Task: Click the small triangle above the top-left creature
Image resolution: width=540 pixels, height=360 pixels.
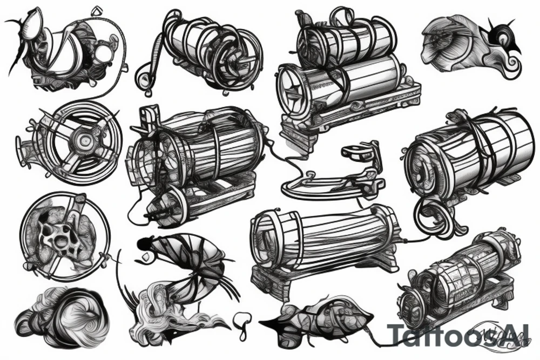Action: (98, 9)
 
